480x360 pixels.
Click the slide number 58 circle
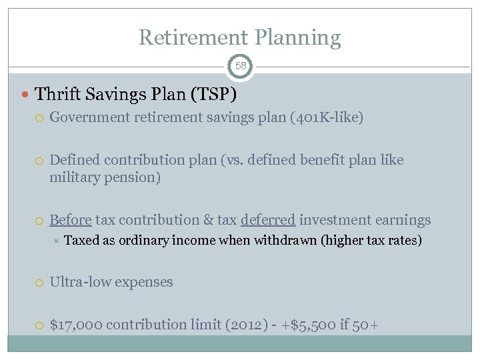(x=240, y=66)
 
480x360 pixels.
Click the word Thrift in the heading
(x=57, y=94)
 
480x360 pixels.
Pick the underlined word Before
(x=71, y=220)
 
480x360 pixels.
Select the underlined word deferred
(x=268, y=220)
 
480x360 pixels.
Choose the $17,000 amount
(x=76, y=325)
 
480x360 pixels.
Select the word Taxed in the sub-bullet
(x=81, y=241)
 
